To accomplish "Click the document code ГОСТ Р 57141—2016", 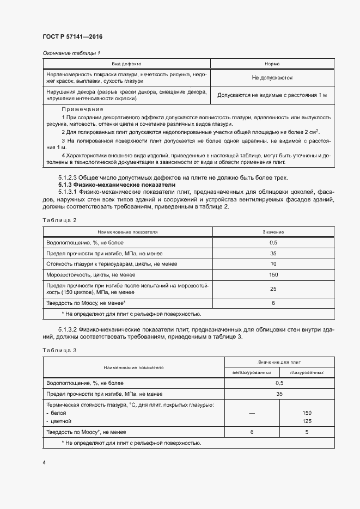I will (72, 36).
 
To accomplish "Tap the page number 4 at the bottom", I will (44, 462).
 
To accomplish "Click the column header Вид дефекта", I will (126, 64).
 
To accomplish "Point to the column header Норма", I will (272, 64).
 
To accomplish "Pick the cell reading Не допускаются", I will (272, 78).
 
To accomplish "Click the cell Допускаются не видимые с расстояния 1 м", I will (272, 95).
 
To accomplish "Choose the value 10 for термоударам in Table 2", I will (273, 264).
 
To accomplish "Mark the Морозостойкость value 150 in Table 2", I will (273, 275).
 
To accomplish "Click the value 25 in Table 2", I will (273, 289).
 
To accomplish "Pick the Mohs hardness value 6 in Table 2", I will (273, 303).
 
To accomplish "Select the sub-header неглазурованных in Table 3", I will (252, 372).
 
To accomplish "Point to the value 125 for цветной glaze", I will (307, 421).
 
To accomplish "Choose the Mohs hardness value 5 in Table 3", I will (307, 432).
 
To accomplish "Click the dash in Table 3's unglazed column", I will (252, 413).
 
